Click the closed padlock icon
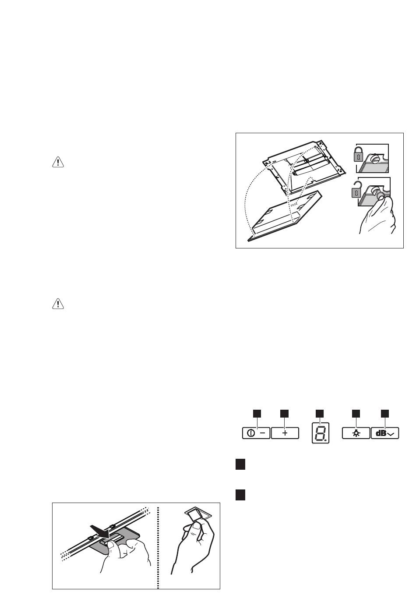(358, 154)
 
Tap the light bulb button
(356, 433)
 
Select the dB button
(385, 433)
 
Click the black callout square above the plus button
(284, 414)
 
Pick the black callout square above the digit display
(320, 414)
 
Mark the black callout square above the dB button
(384, 414)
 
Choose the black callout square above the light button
(356, 414)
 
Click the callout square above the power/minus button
(257, 414)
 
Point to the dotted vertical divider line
(158, 547)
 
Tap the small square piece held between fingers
(197, 516)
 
